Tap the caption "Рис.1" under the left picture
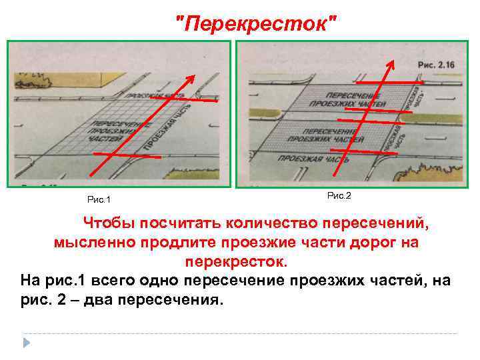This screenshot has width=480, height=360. pos(99,199)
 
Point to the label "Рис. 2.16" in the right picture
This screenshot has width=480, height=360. pos(435,65)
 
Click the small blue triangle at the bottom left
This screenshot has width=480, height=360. pos(27,343)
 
